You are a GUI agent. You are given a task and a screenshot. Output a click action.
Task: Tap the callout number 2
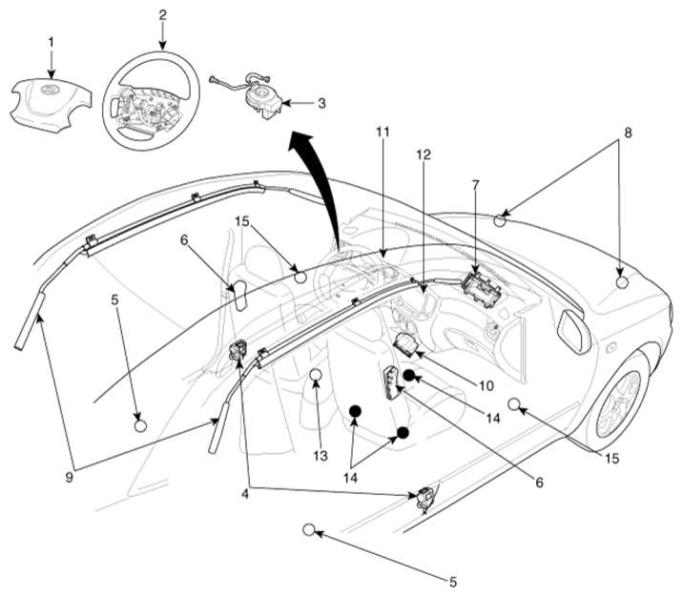162,15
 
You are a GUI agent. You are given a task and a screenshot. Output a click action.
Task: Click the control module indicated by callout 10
407,341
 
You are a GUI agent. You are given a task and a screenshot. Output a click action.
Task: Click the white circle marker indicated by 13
317,374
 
